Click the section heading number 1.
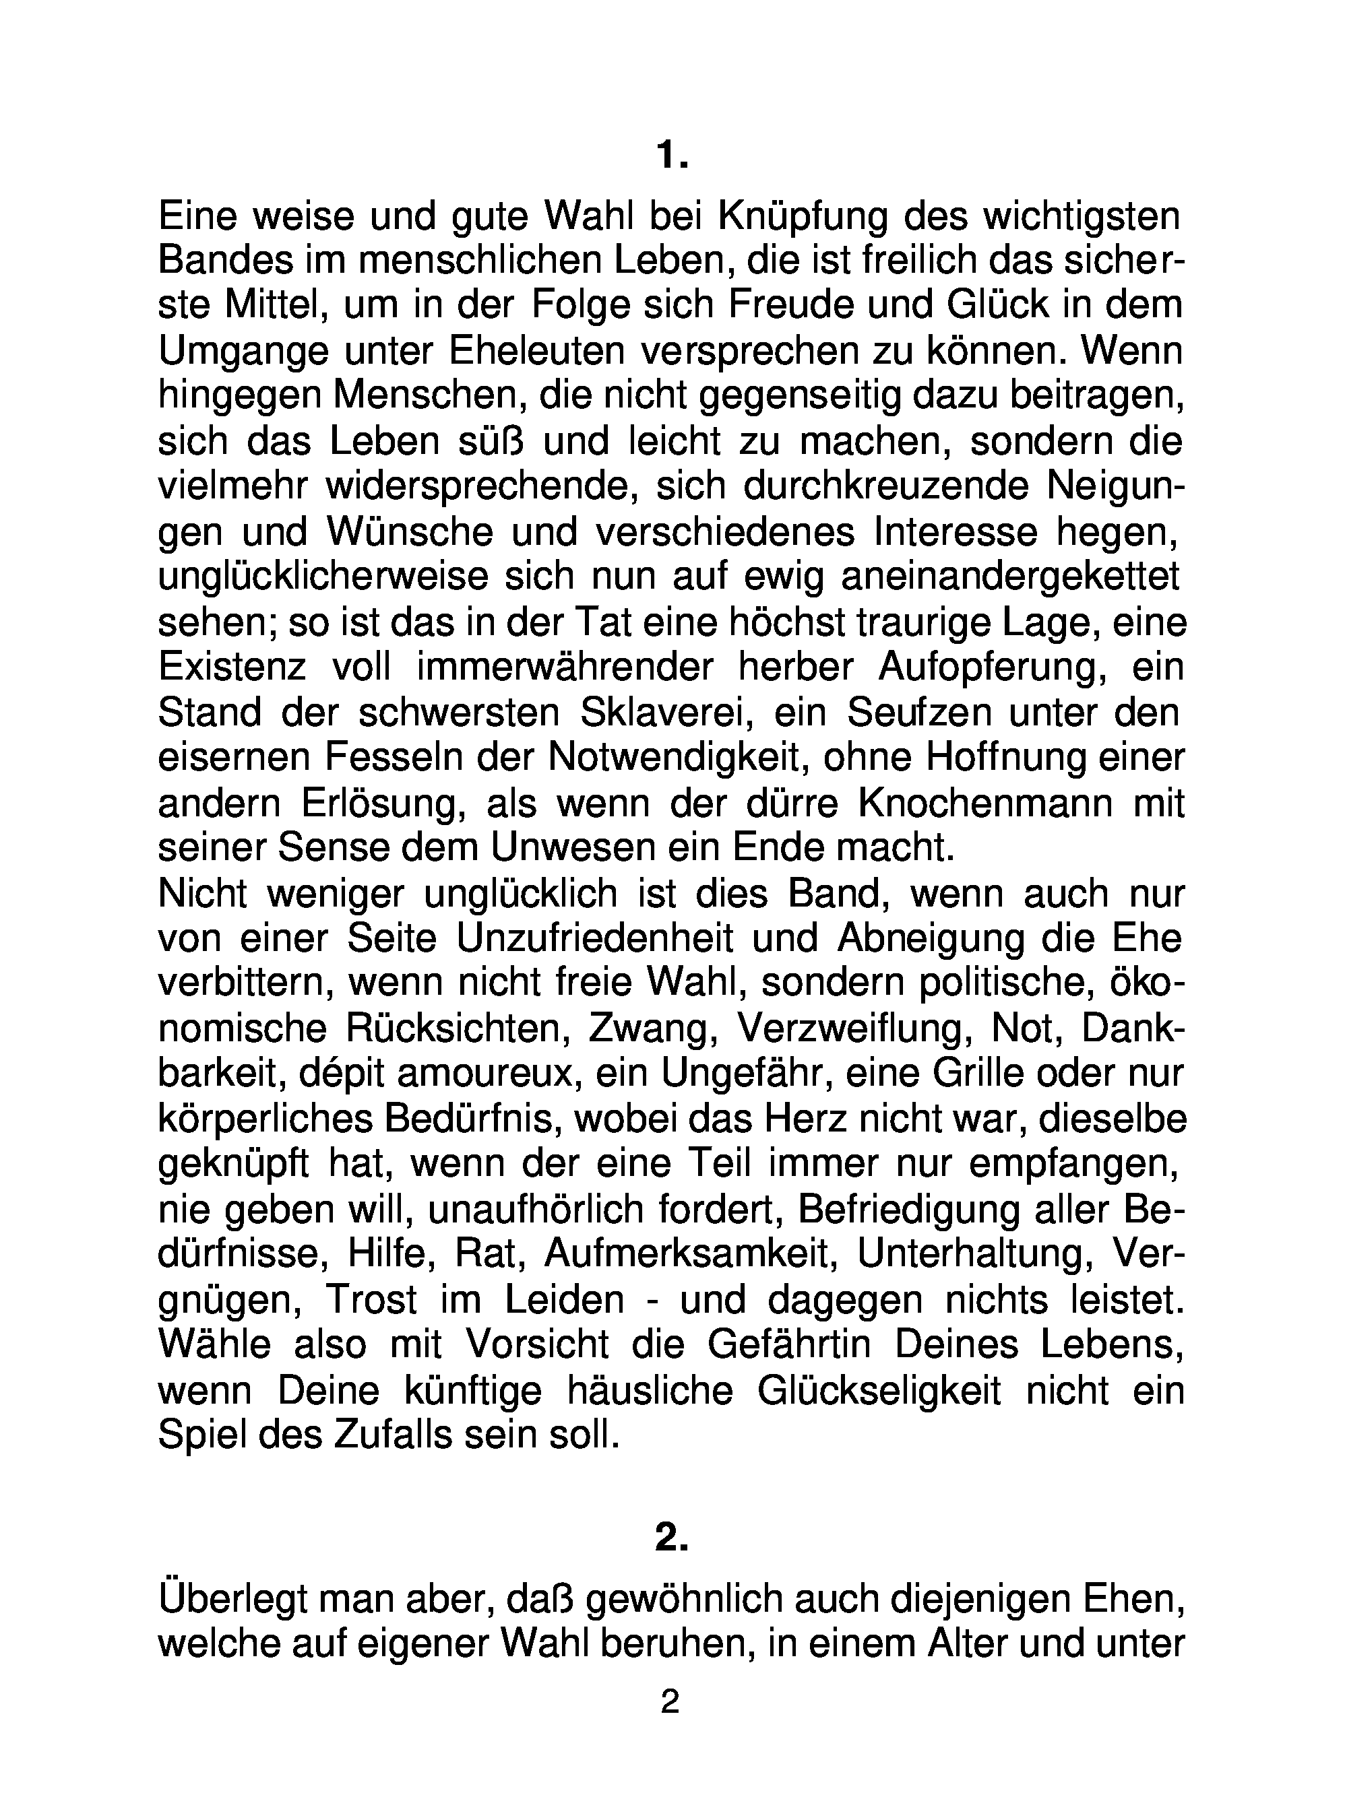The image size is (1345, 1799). (671, 154)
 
